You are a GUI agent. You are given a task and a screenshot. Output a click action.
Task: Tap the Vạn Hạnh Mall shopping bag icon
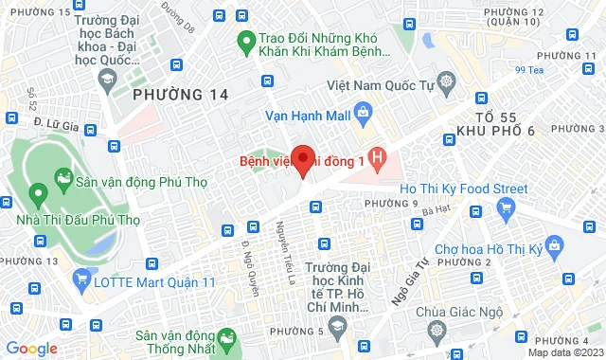361,116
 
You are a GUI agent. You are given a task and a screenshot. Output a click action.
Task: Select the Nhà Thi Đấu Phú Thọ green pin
39,195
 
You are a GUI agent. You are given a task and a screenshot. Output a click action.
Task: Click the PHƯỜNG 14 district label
181,94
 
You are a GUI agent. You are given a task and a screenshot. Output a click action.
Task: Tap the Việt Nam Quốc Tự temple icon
445,83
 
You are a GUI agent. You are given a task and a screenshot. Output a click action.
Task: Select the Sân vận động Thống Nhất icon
226,338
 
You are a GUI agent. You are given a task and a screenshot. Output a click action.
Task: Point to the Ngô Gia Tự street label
402,285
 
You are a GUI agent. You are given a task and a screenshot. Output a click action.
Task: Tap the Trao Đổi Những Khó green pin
244,41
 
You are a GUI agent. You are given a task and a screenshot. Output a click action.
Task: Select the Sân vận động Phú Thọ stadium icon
63,177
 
